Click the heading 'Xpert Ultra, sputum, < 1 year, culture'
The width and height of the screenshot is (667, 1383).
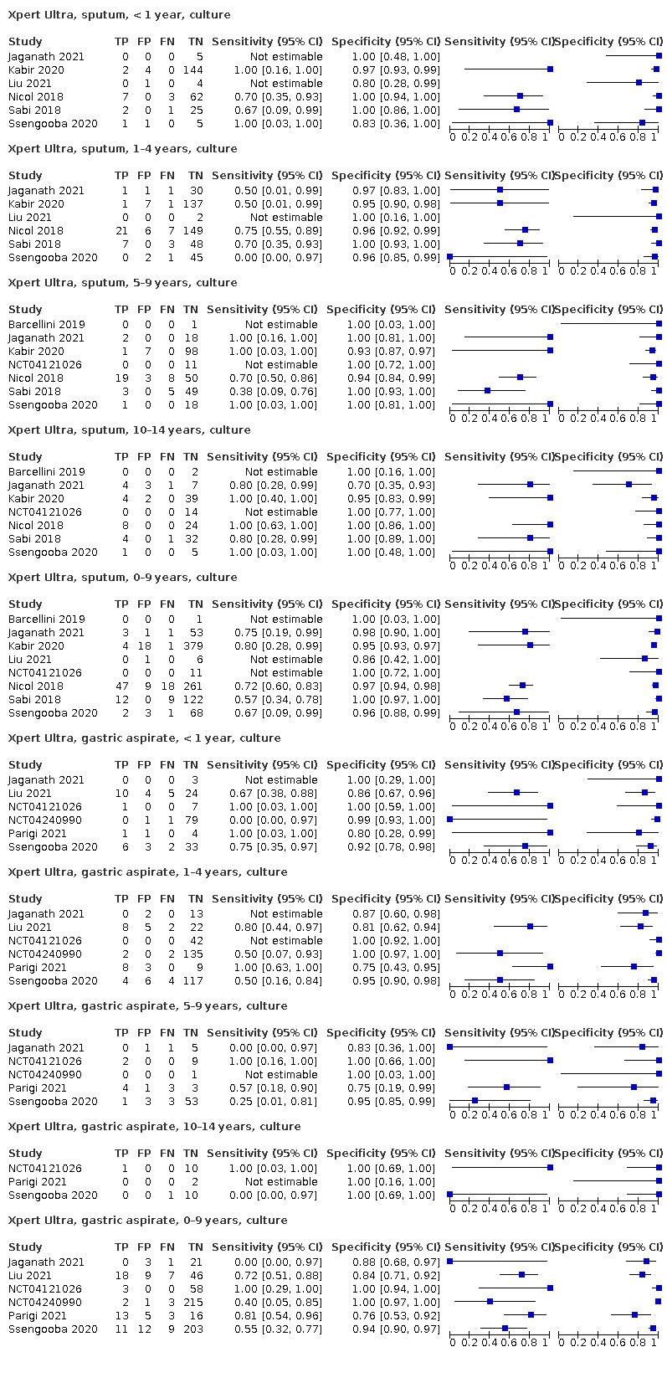[x=119, y=15]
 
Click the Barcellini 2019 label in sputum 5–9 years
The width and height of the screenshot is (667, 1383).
[x=47, y=325]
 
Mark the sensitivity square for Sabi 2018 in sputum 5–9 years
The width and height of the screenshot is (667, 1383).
[x=488, y=392]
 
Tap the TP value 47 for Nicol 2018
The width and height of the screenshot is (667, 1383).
[x=121, y=686]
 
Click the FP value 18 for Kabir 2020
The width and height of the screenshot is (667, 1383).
[x=144, y=646]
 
